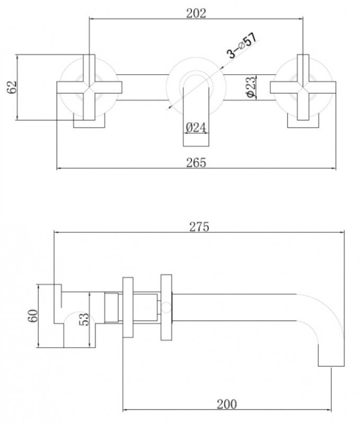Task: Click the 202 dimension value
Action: [196, 13]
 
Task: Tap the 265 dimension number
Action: [195, 162]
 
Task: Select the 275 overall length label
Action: [199, 226]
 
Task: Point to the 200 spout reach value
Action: [226, 404]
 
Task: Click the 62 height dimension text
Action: [12, 87]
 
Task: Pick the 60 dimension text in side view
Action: [32, 316]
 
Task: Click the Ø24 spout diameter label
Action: [196, 128]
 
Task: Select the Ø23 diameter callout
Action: [251, 86]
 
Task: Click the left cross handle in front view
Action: [89, 86]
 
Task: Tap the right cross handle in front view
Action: [303, 86]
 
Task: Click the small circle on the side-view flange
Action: [166, 307]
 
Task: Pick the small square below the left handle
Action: [89, 122]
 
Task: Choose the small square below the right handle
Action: [303, 122]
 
